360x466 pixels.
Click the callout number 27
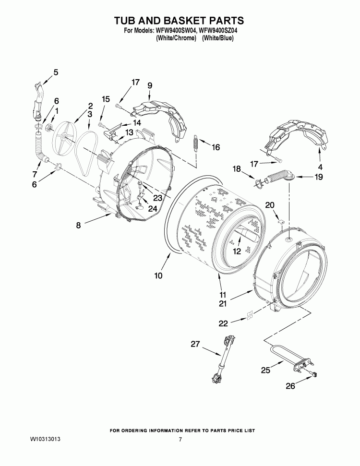click(195, 344)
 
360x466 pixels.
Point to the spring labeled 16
click(195, 142)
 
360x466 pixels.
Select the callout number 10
click(158, 275)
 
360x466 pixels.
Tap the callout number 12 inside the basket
click(236, 251)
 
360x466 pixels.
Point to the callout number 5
click(56, 72)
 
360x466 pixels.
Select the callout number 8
click(78, 224)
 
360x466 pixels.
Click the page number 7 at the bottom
click(180, 440)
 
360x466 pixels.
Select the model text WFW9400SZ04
click(219, 31)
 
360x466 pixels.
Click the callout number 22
click(223, 323)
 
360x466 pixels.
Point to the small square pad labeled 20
click(283, 222)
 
